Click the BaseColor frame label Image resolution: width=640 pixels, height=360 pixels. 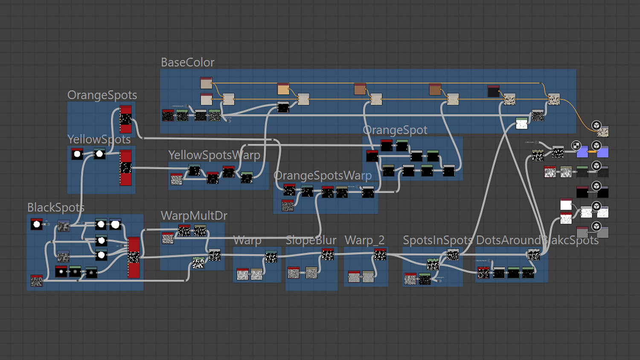click(187, 63)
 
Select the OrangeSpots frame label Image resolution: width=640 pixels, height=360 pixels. click(102, 95)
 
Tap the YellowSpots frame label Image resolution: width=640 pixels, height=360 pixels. click(99, 139)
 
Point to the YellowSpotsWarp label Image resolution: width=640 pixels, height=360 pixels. click(214, 155)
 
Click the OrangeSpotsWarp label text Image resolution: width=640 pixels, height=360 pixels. click(322, 176)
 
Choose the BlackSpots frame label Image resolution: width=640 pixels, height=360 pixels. click(55, 208)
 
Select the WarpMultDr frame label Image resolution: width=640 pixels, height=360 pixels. click(194, 216)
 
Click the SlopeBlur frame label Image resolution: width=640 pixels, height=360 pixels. click(311, 241)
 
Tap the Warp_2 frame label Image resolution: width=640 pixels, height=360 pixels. click(364, 241)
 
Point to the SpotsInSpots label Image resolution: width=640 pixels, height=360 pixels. click(437, 241)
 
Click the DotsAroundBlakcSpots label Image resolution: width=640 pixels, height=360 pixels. click(537, 241)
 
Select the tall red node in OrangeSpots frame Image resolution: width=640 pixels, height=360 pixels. click(125, 119)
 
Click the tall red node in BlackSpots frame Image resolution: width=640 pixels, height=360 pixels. click(134, 257)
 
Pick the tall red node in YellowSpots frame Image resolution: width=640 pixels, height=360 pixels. click(125, 167)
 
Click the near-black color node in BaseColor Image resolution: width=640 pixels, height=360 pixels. click(493, 91)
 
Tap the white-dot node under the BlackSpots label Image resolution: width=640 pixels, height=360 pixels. click(37, 224)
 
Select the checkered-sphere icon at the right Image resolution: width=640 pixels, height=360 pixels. click(576, 146)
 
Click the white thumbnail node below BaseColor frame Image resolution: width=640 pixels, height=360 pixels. click(521, 124)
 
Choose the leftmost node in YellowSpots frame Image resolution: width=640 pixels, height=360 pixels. click(77, 154)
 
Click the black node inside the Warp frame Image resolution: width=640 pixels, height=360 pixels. click(271, 257)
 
